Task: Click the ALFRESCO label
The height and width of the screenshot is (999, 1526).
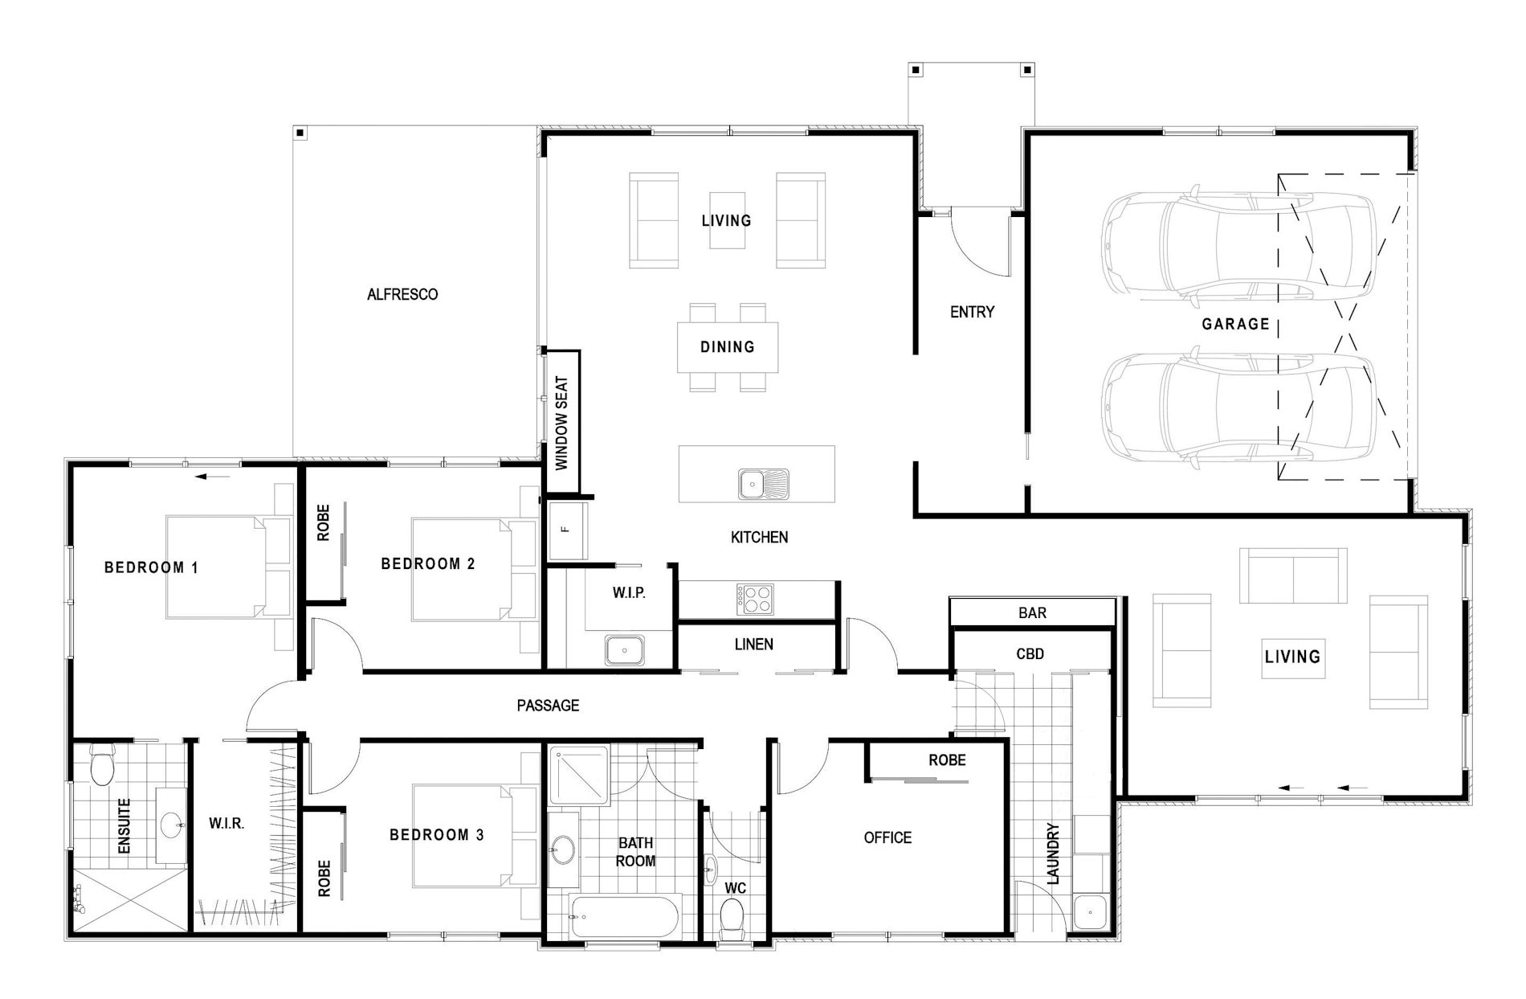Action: coord(402,295)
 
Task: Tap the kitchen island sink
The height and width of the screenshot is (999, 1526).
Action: coord(764,484)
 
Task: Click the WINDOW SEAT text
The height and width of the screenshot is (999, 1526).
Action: coord(562,423)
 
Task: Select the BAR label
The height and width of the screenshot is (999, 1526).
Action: coord(1032,613)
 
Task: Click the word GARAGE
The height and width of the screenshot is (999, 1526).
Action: coord(1235,324)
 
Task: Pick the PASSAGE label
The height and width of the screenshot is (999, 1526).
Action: coord(548,706)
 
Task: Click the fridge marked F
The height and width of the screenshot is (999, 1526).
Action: coord(567,530)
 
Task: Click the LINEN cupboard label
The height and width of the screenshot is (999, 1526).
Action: coord(753,645)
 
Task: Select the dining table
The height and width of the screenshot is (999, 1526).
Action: coord(728,346)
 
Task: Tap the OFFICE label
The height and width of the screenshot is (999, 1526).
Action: coord(887,838)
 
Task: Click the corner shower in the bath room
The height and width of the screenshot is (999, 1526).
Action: coord(578,775)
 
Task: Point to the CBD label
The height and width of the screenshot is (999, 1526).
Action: coord(1030,654)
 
